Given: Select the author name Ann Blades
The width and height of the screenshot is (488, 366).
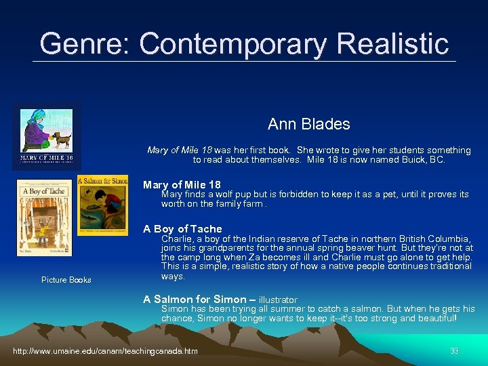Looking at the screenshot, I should pos(308,124).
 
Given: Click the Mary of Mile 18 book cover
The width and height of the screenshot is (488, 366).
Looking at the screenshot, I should pos(47,137).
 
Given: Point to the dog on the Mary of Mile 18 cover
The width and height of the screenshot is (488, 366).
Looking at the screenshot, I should pos(62,140).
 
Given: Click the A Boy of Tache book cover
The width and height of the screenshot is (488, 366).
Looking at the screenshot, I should pos(43,217).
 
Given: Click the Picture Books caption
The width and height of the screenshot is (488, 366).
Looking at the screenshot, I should pos(66,280).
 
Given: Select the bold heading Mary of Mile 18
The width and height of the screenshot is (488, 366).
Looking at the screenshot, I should pos(182,184).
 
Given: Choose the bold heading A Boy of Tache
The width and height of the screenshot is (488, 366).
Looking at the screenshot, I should pos(182,229).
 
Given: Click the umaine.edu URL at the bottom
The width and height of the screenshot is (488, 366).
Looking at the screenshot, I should pos(106,351).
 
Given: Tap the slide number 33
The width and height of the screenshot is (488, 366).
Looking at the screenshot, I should pos(454,351).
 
